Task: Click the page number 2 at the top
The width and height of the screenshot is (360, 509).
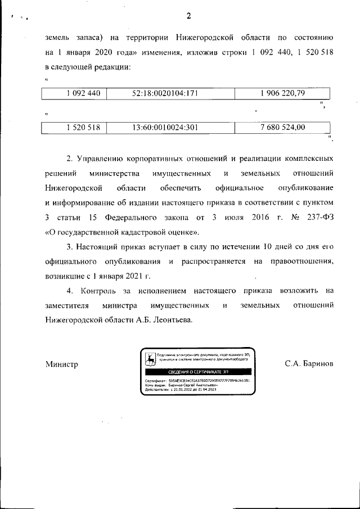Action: (x=188, y=15)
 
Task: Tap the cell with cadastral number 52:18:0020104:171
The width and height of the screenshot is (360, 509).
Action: (x=165, y=93)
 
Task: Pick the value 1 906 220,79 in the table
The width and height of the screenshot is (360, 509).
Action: (x=282, y=93)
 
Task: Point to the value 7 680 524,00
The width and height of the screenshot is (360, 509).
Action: (x=282, y=128)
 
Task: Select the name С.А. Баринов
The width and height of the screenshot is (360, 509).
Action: (x=309, y=364)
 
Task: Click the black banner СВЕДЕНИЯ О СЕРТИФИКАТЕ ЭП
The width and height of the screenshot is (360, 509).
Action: (x=198, y=372)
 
